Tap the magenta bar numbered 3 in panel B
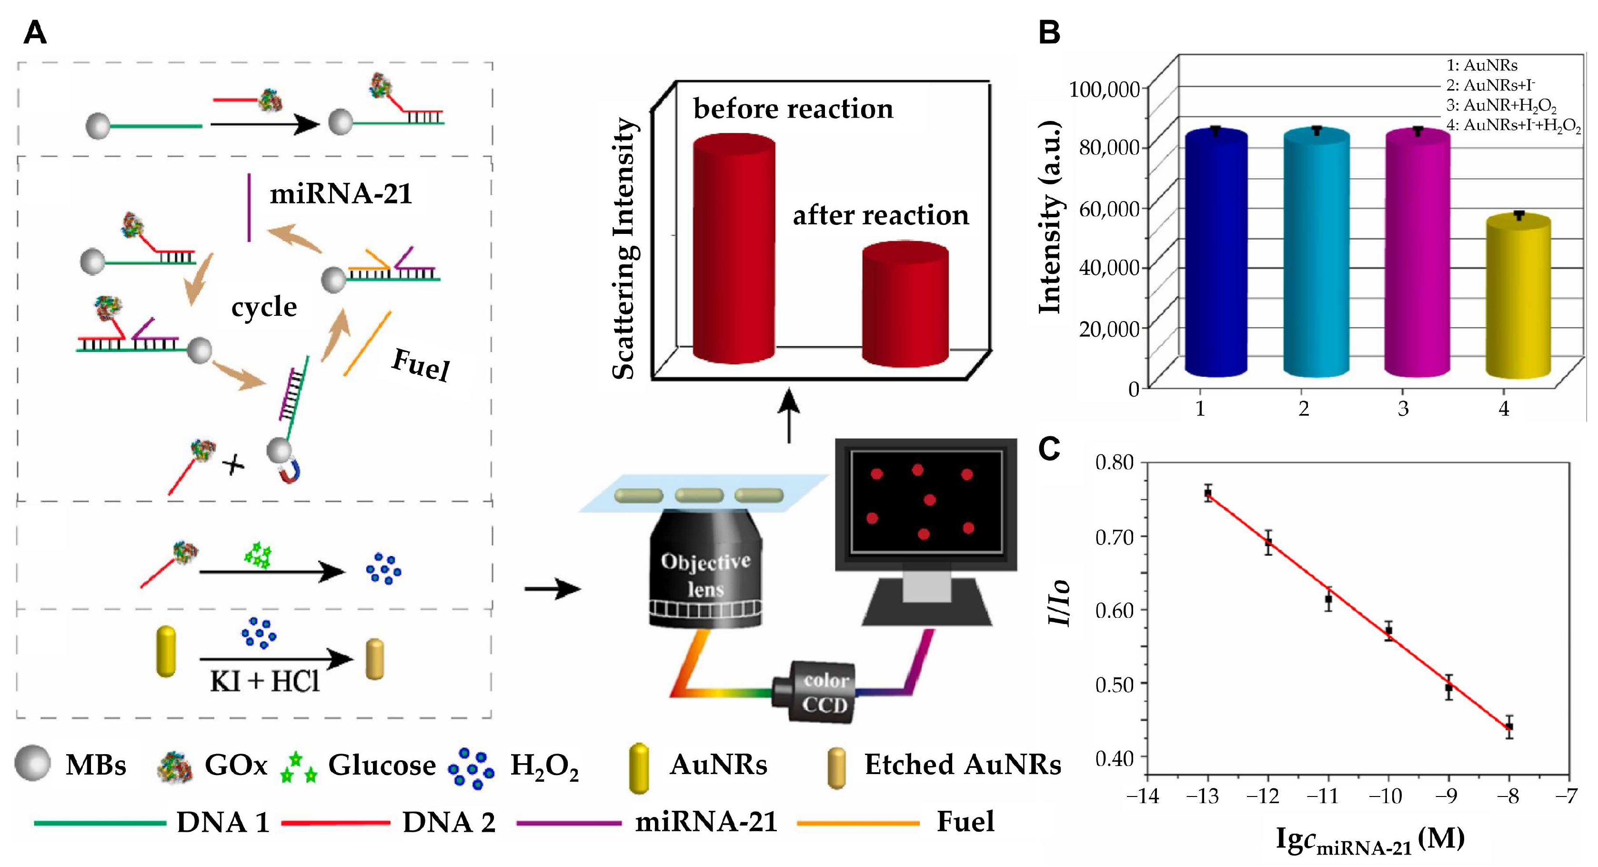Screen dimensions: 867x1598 pos(1417,254)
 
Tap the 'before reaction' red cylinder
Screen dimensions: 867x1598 pos(734,248)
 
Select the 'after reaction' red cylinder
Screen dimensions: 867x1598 pos(905,304)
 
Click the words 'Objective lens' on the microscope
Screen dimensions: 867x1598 pos(705,574)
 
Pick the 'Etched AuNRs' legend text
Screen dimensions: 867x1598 pos(962,765)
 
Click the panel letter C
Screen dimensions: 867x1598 pos(1049,449)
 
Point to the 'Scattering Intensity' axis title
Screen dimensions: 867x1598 pos(624,248)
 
